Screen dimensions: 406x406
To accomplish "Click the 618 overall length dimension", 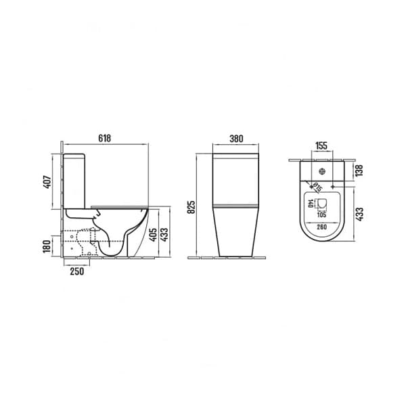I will point(105,138).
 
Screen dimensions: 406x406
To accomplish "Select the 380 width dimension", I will point(236,138).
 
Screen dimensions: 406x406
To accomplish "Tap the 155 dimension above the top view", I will point(321,145).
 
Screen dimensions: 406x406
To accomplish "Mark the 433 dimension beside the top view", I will point(359,215).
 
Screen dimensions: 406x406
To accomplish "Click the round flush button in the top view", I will point(322,171).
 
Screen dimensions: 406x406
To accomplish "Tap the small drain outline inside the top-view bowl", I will point(322,204).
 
